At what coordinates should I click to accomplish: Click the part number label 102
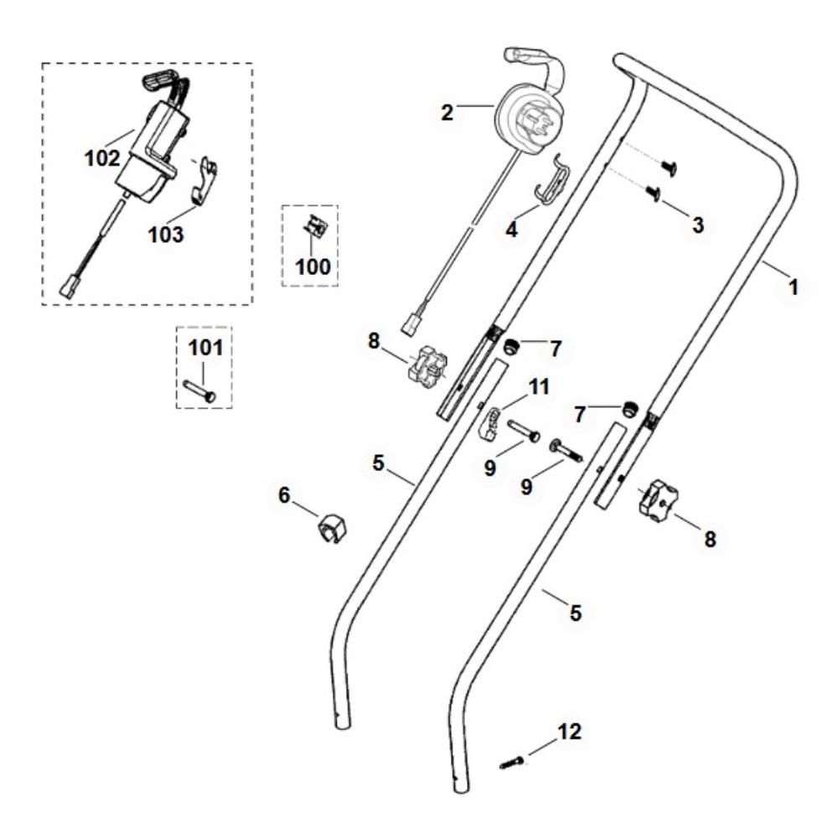(x=102, y=158)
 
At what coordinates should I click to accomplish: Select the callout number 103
(x=166, y=234)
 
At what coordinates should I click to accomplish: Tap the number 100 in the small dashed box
(x=313, y=266)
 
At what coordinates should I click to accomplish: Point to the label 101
(x=205, y=348)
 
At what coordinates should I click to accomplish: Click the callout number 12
(x=569, y=731)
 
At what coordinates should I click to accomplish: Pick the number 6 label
(x=284, y=495)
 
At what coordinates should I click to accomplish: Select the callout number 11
(x=539, y=386)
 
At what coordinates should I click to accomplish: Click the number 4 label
(x=511, y=230)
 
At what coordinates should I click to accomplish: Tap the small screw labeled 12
(x=511, y=763)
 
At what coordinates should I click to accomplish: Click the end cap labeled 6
(x=333, y=528)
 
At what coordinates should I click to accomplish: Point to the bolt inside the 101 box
(x=199, y=391)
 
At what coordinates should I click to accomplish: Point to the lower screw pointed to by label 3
(x=654, y=194)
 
